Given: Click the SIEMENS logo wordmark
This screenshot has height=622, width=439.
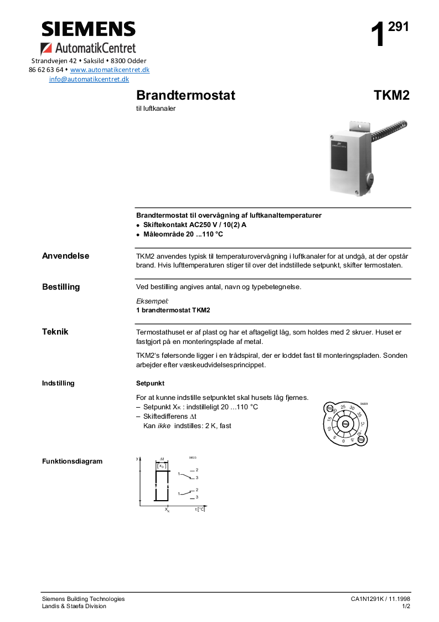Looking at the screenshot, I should (x=89, y=29).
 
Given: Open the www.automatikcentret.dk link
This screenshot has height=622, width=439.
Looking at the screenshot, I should (x=110, y=70).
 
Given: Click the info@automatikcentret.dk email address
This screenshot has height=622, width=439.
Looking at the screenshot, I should (x=89, y=79).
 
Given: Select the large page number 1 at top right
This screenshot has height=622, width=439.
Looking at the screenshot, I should (x=378, y=35).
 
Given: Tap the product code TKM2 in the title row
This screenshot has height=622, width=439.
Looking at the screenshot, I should (x=391, y=95).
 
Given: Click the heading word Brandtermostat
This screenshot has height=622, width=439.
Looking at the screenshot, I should (x=185, y=95).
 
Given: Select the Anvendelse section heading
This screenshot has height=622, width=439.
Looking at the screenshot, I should (x=65, y=256).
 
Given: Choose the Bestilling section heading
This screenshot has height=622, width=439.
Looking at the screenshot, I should (x=61, y=287).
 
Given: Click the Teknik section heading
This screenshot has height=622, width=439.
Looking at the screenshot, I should (x=55, y=332).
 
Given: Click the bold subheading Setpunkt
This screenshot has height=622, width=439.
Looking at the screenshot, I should (x=150, y=383).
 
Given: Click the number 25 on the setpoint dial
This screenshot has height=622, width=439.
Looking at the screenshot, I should (x=343, y=408).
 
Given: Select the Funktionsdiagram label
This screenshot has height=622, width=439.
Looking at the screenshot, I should (x=72, y=461).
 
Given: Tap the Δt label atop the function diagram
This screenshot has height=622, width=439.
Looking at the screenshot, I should (x=162, y=459).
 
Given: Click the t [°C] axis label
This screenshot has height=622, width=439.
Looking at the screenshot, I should (x=200, y=509).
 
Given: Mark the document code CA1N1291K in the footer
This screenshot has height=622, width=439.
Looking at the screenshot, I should (x=368, y=599).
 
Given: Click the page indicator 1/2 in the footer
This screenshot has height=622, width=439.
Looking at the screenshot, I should (x=406, y=606).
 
